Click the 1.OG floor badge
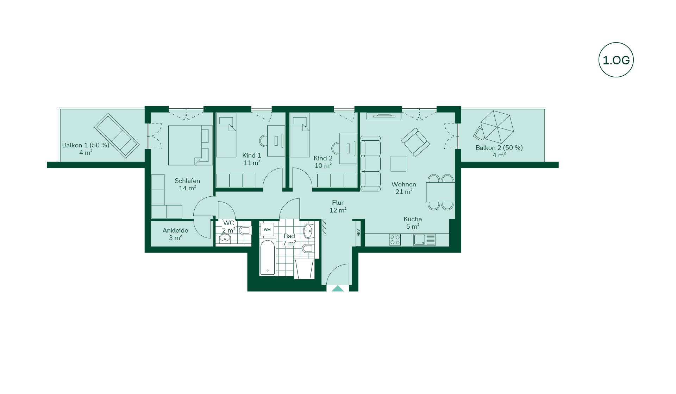(x=616, y=60)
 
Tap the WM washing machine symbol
(x=267, y=229)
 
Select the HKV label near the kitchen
(x=358, y=233)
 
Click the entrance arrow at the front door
(x=338, y=288)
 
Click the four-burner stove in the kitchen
(x=395, y=240)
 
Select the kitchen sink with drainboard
(x=424, y=240)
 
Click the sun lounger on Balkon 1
(x=117, y=135)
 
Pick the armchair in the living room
(x=415, y=142)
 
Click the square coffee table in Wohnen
(x=398, y=164)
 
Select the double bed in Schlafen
(x=190, y=145)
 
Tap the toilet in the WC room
(x=245, y=230)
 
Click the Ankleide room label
(x=175, y=234)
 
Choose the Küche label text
(x=413, y=219)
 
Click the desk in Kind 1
(x=276, y=141)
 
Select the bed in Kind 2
(x=300, y=135)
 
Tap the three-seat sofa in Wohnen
(x=370, y=164)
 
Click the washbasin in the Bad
(x=308, y=231)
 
